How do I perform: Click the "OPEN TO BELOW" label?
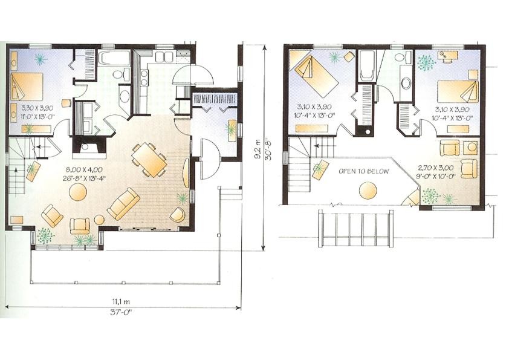point(363,171)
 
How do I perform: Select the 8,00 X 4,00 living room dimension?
point(85,169)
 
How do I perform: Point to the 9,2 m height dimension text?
point(258,149)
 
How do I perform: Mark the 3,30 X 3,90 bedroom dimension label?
point(37,107)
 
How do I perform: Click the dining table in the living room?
point(149,159)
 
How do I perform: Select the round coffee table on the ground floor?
point(78,192)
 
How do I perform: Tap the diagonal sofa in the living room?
point(124,204)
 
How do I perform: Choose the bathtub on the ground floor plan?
point(110,58)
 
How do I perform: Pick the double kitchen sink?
point(163,56)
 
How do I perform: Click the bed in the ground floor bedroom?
point(27,87)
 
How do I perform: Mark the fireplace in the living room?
point(89,147)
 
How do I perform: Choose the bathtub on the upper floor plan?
point(367,66)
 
